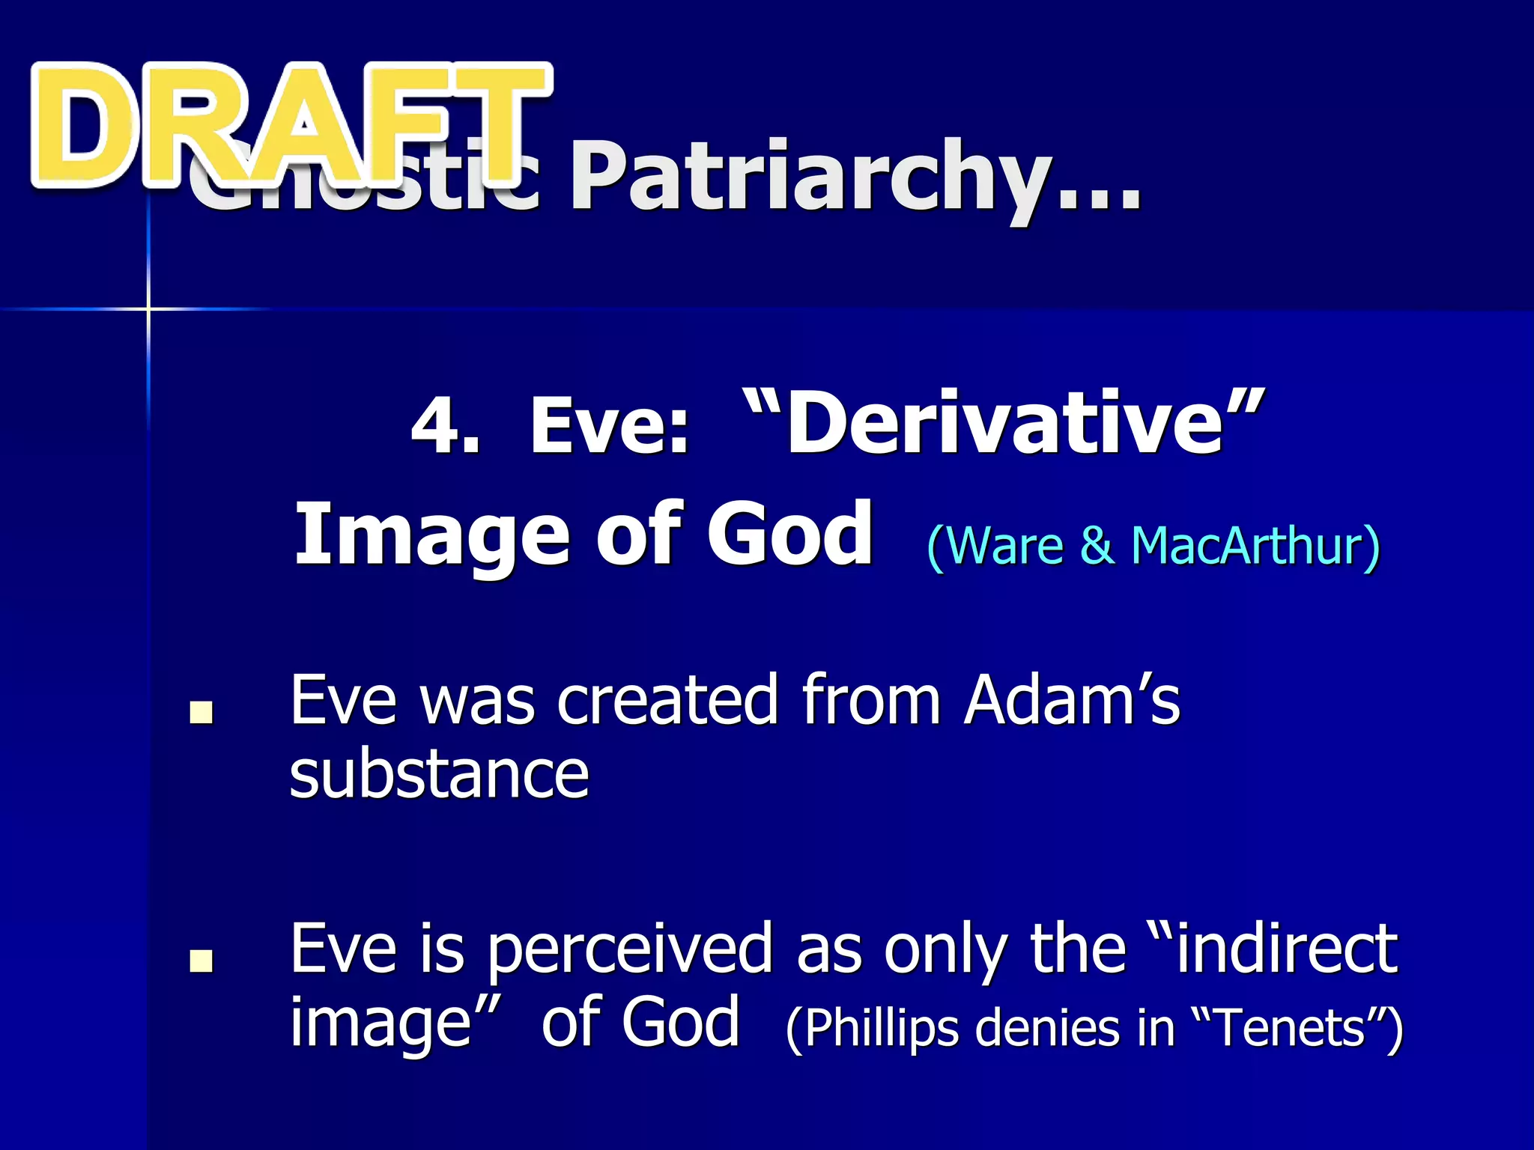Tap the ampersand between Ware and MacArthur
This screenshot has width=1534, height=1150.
point(1097,546)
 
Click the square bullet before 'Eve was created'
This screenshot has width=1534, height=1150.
point(201,712)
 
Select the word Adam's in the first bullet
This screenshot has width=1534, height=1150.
point(1071,700)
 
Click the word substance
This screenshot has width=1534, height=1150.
point(439,775)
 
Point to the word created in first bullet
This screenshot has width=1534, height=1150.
point(667,700)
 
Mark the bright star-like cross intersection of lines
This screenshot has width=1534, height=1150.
point(148,308)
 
